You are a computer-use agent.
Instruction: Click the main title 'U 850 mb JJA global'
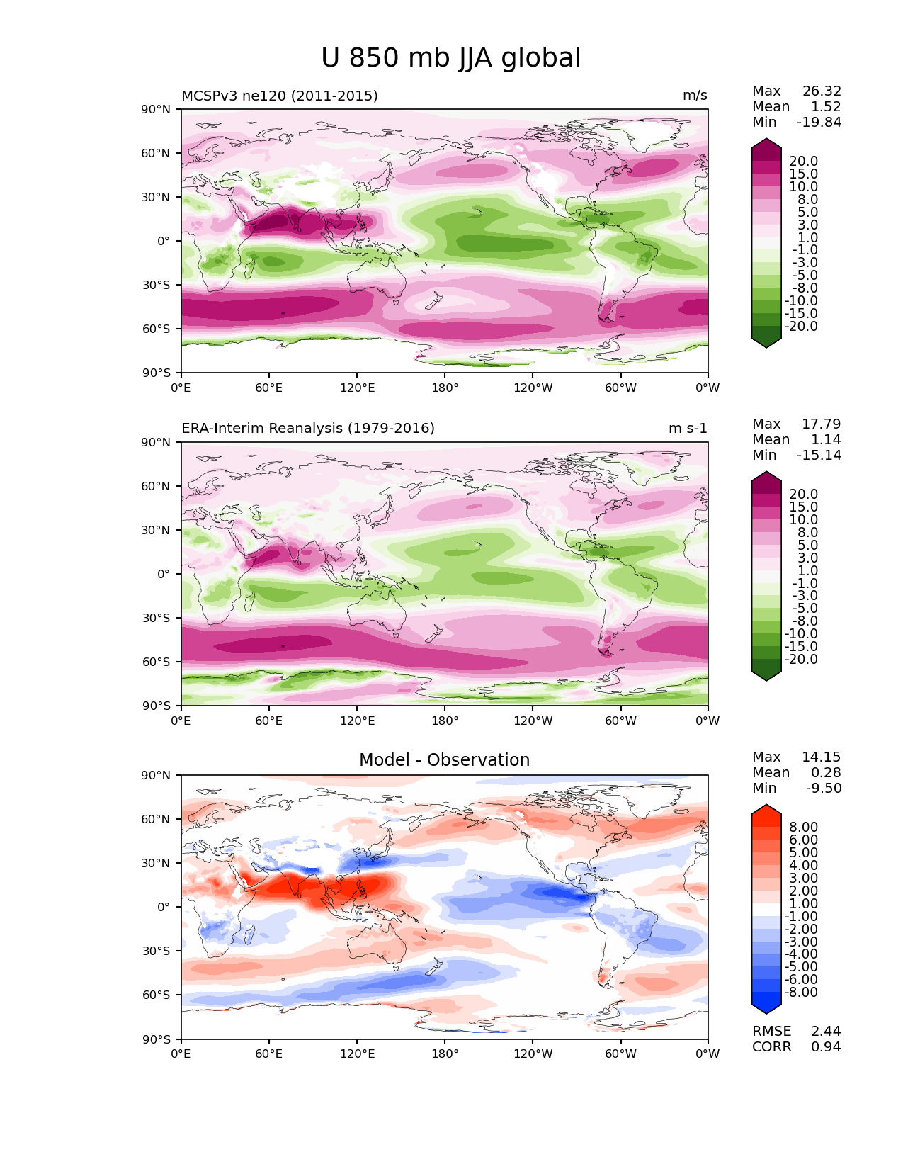coord(450,58)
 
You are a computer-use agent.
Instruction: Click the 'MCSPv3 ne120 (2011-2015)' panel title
coord(279,96)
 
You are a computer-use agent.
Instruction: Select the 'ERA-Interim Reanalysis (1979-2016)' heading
coord(307,428)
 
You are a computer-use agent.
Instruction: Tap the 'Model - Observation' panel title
coord(444,759)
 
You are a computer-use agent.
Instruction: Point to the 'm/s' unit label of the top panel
coord(695,96)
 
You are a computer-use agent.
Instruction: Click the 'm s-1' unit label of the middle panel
coord(688,428)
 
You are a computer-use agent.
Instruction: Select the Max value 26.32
coord(822,91)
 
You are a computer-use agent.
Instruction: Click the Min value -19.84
coord(819,122)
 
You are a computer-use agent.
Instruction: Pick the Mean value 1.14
coord(826,439)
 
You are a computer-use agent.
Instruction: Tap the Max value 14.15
coord(822,757)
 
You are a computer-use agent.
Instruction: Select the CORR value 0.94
coord(826,1047)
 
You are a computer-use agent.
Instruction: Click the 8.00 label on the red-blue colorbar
coord(804,827)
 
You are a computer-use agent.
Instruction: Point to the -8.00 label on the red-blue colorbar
coord(801,992)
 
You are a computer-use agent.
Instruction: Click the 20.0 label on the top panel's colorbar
coord(804,161)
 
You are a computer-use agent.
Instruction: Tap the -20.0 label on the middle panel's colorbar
coord(801,659)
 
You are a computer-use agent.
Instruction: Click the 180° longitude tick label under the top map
coord(445,388)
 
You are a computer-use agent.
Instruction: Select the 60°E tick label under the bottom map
coord(268,1054)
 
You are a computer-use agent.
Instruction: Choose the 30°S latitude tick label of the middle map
coord(156,618)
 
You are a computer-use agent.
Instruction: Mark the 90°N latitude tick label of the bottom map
coord(156,775)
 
